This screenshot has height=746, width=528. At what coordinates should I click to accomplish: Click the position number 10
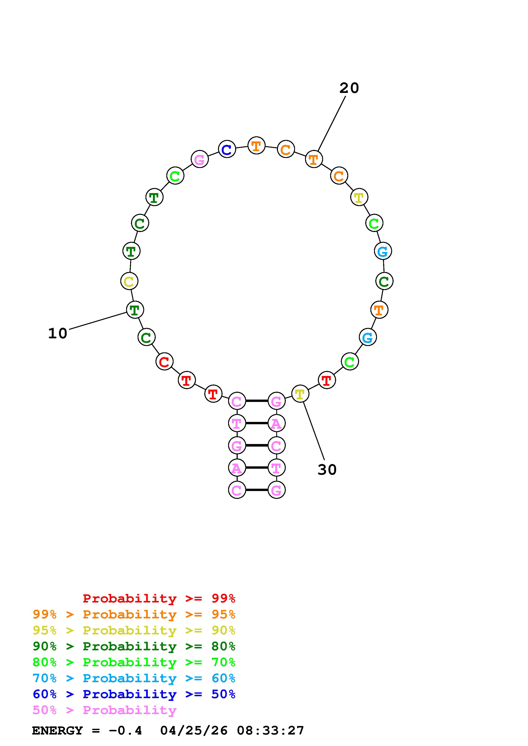click(58, 334)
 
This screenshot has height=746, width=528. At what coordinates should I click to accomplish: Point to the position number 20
click(349, 88)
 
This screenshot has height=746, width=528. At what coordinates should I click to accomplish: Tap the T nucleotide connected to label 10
click(135, 310)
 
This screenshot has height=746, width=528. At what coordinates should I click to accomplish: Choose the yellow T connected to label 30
click(300, 394)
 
